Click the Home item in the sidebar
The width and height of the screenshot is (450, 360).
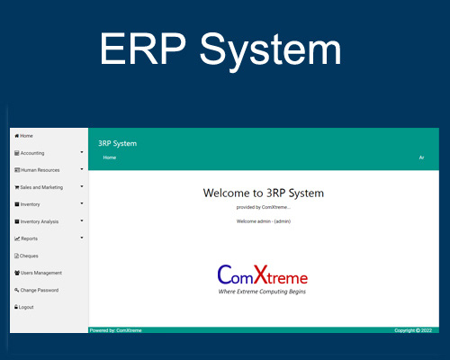pos(24,136)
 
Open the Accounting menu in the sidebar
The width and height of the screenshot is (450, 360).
pos(31,153)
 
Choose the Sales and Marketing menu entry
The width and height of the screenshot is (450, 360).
pos(40,187)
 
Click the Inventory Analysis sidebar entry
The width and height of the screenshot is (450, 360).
pos(39,221)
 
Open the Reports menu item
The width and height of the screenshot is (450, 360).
pos(29,238)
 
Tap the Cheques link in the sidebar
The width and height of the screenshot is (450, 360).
pos(29,256)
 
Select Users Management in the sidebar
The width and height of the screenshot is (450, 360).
pos(40,273)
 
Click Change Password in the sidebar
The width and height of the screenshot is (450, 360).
pos(39,290)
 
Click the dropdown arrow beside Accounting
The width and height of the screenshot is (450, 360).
pos(82,152)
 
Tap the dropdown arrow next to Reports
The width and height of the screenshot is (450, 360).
pos(82,238)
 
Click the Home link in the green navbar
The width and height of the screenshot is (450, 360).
pos(110,157)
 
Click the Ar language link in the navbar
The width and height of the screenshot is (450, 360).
pos(421,157)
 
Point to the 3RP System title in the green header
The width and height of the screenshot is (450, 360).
pos(118,143)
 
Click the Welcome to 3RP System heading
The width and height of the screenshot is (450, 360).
pos(263,193)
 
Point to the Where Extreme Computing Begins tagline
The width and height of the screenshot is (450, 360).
pos(263,292)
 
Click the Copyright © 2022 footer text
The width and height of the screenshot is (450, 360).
pos(414,330)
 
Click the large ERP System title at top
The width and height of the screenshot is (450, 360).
pos(220,49)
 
